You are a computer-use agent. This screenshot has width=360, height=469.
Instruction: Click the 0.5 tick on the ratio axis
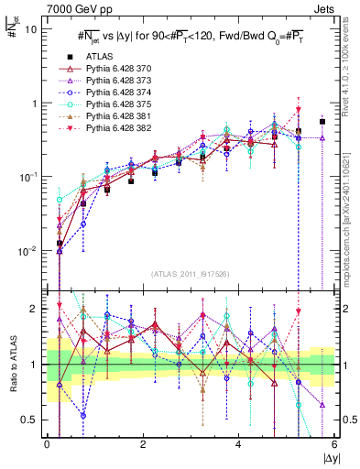(29, 420)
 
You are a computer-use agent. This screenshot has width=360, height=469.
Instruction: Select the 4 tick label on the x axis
(238, 444)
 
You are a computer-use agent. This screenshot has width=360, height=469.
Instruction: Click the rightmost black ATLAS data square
(322, 121)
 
